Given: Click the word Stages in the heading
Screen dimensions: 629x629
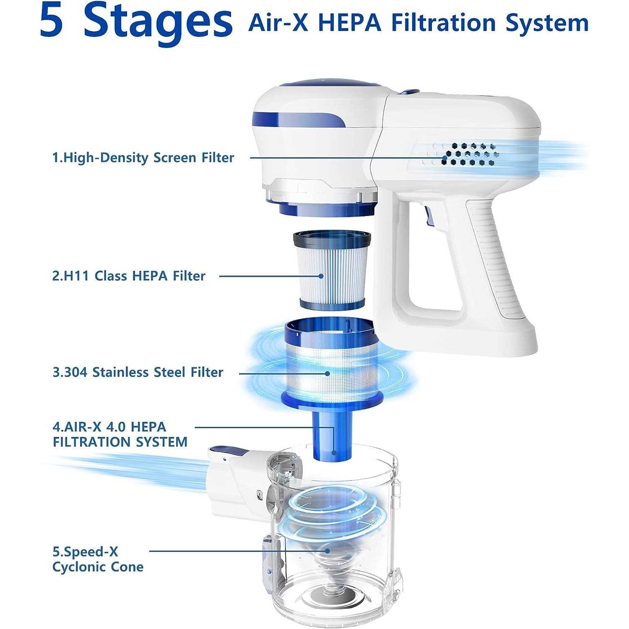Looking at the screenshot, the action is [x=158, y=23].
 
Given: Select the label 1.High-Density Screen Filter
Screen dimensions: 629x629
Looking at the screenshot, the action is [x=143, y=158].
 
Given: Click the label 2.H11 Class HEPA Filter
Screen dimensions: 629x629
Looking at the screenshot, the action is [x=129, y=276].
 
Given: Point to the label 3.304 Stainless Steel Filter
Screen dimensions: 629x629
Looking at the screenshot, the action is [x=138, y=372].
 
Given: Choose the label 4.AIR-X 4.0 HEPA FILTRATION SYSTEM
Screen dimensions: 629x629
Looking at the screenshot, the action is [x=120, y=434].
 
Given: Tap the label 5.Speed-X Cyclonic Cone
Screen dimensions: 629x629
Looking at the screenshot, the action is [x=98, y=559].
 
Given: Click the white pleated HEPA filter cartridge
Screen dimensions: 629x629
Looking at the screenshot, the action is [x=332, y=271].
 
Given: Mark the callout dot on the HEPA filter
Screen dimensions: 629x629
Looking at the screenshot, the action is [x=321, y=276].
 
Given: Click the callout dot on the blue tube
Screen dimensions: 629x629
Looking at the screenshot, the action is [x=334, y=452].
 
